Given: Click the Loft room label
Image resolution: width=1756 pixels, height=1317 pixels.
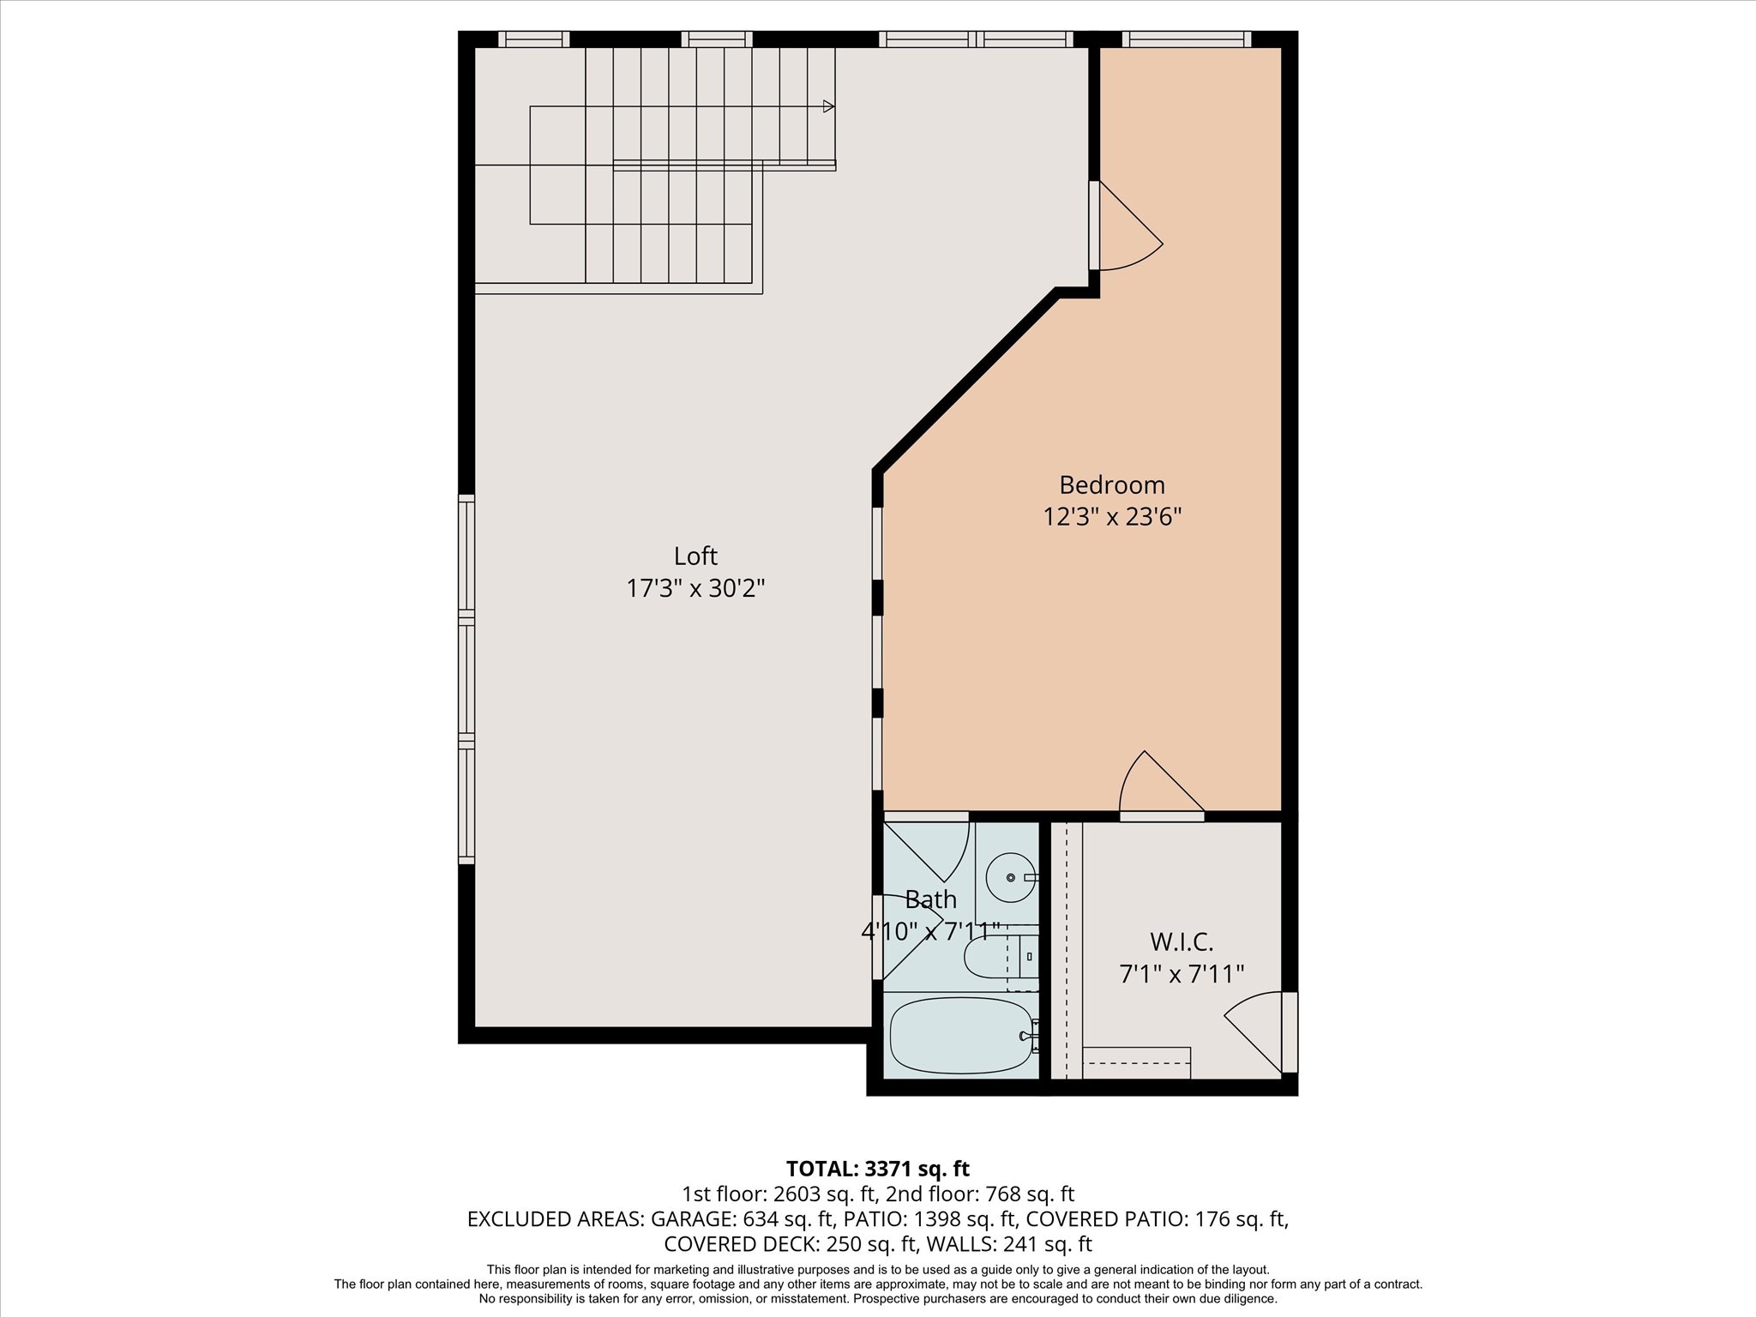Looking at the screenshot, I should (695, 556).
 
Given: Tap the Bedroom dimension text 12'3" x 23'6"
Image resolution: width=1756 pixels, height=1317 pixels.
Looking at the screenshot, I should (1112, 517).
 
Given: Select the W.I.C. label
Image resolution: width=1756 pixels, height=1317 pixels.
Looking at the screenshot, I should (1182, 942).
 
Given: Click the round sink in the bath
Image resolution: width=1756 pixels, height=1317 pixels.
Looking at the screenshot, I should (1010, 878).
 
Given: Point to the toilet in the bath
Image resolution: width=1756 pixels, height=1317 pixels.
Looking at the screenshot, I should (995, 957).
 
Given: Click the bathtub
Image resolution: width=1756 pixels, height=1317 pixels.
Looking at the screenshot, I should (961, 1036).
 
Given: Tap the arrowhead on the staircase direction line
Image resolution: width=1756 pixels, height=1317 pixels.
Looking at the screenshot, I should (828, 106).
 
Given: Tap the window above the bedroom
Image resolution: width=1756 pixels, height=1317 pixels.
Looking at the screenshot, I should (1186, 39).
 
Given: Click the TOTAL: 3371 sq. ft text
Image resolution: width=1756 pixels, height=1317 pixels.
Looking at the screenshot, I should (877, 1169).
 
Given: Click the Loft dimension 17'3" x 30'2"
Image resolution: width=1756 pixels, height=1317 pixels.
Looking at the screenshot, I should (695, 589).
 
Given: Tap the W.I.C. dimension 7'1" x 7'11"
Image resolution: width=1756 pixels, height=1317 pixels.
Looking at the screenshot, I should (1182, 975).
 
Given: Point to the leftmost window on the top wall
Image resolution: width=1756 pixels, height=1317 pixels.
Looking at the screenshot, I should (533, 39).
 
